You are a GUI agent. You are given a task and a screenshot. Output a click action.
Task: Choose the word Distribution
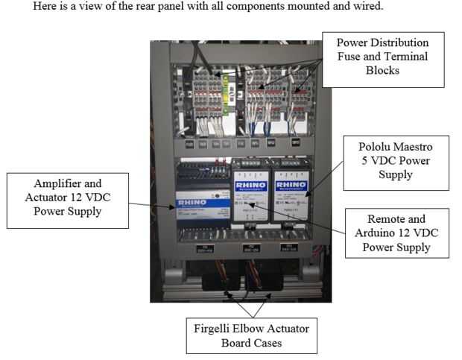tap(402, 42)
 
